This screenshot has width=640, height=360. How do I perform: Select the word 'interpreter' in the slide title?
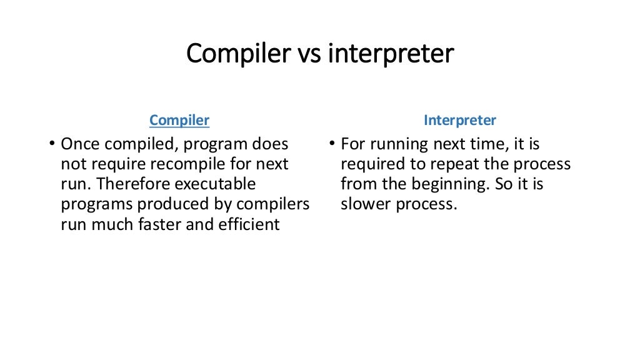[391, 54]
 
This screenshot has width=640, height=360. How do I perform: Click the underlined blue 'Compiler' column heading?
[179, 120]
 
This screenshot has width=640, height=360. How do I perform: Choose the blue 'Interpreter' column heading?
[459, 120]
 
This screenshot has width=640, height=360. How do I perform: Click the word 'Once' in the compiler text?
[80, 144]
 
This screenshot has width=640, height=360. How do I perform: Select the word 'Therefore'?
[134, 184]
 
